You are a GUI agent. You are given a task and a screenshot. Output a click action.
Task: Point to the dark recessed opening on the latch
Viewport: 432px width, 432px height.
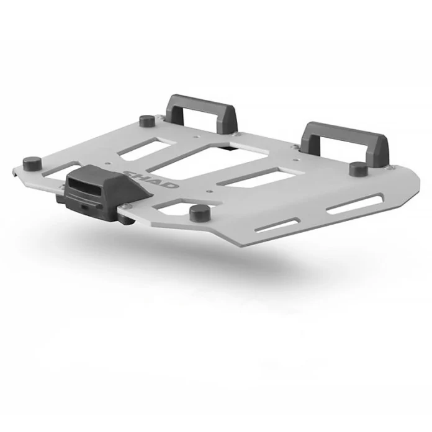pyautogui.click(x=85, y=184)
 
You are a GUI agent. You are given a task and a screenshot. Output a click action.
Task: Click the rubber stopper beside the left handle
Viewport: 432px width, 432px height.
pyautogui.click(x=147, y=120)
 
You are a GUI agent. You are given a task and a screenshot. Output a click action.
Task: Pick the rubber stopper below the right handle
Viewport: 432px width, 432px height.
pyautogui.click(x=357, y=169)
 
